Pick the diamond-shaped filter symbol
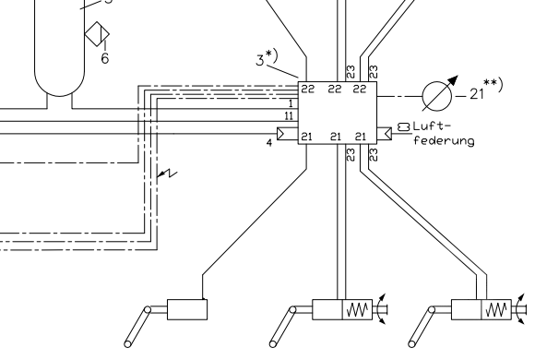click(95, 35)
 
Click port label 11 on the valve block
click(290, 115)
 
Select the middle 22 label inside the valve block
click(336, 89)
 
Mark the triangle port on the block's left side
click(286, 135)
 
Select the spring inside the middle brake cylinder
click(357, 308)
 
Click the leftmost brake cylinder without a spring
click(186, 309)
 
